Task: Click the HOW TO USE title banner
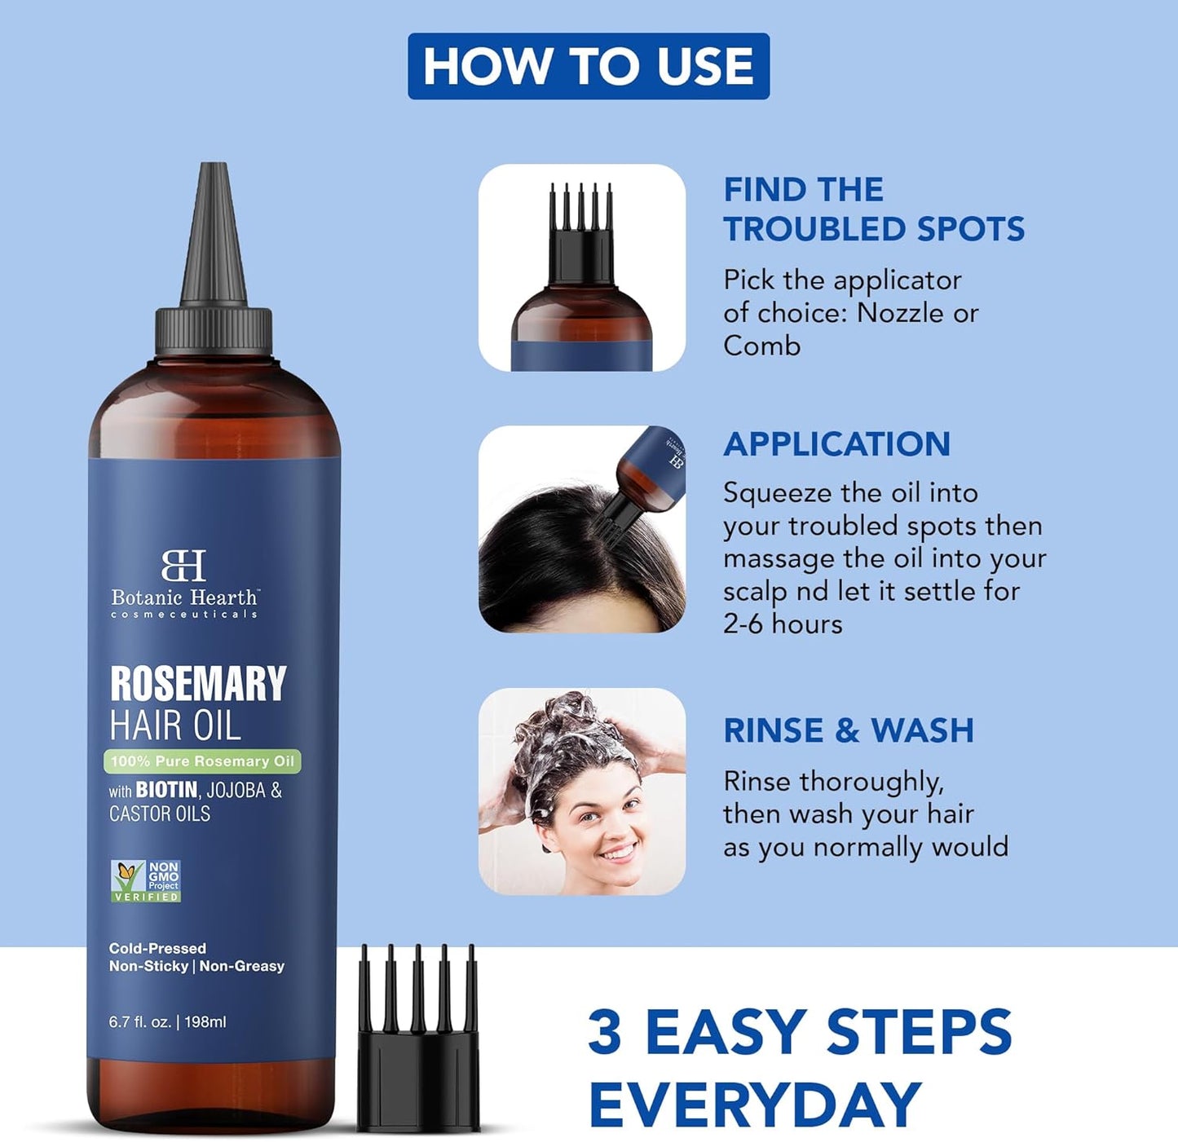tap(588, 66)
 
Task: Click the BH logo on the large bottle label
tap(183, 565)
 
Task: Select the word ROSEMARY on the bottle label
tap(198, 683)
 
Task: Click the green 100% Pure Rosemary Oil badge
tap(202, 761)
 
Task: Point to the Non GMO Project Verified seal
tap(146, 881)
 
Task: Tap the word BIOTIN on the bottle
tap(166, 790)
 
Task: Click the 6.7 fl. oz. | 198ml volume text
tap(167, 1021)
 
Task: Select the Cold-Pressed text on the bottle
tap(157, 948)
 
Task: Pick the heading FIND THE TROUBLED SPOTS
tap(873, 209)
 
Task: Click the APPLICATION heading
tap(836, 444)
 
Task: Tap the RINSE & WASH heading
tap(849, 730)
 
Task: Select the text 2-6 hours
tap(783, 624)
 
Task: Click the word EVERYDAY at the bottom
tap(754, 1105)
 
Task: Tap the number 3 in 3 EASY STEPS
tap(605, 1032)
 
